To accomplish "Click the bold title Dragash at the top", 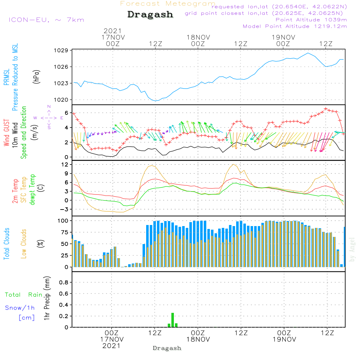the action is click(150, 15).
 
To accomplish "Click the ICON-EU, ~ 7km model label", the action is click(46, 20).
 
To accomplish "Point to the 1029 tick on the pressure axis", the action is click(61, 50).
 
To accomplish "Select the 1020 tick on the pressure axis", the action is click(61, 100).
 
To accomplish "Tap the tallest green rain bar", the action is click(173, 320).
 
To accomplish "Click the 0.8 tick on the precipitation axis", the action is click(64, 282).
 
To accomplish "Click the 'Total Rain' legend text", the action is click(24, 295).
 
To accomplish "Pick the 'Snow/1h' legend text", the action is click(20, 308).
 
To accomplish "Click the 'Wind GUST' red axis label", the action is click(6, 132).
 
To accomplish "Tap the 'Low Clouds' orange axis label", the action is click(24, 244).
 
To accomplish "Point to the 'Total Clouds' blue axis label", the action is click(6, 244).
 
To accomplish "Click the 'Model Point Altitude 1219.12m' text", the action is click(295, 26).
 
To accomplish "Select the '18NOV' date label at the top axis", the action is click(198, 37).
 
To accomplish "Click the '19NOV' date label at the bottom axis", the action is click(284, 339).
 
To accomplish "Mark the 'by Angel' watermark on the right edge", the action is click(352, 249).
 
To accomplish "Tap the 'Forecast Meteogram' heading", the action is click(168, 4).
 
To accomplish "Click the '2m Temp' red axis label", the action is click(15, 191).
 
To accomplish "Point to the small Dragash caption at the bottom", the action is click(167, 348).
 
